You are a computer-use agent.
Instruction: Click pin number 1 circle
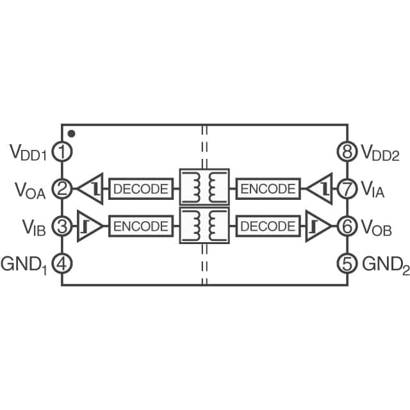point(62,152)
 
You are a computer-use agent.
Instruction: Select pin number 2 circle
point(62,189)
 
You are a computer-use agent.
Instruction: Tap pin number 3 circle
point(62,226)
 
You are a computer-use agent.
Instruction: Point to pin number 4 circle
point(62,263)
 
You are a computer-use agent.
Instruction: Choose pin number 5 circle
point(347,263)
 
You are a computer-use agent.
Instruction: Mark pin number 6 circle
point(347,226)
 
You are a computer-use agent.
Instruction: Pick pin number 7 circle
point(347,189)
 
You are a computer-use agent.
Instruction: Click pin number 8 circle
point(347,152)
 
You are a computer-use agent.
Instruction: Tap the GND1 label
point(27,263)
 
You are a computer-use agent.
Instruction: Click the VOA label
point(30,190)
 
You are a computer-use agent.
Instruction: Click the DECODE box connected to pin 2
point(142,189)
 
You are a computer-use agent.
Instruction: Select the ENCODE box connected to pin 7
point(268,189)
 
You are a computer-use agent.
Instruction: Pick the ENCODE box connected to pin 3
point(142,226)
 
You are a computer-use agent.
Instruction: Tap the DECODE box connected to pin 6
point(268,226)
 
